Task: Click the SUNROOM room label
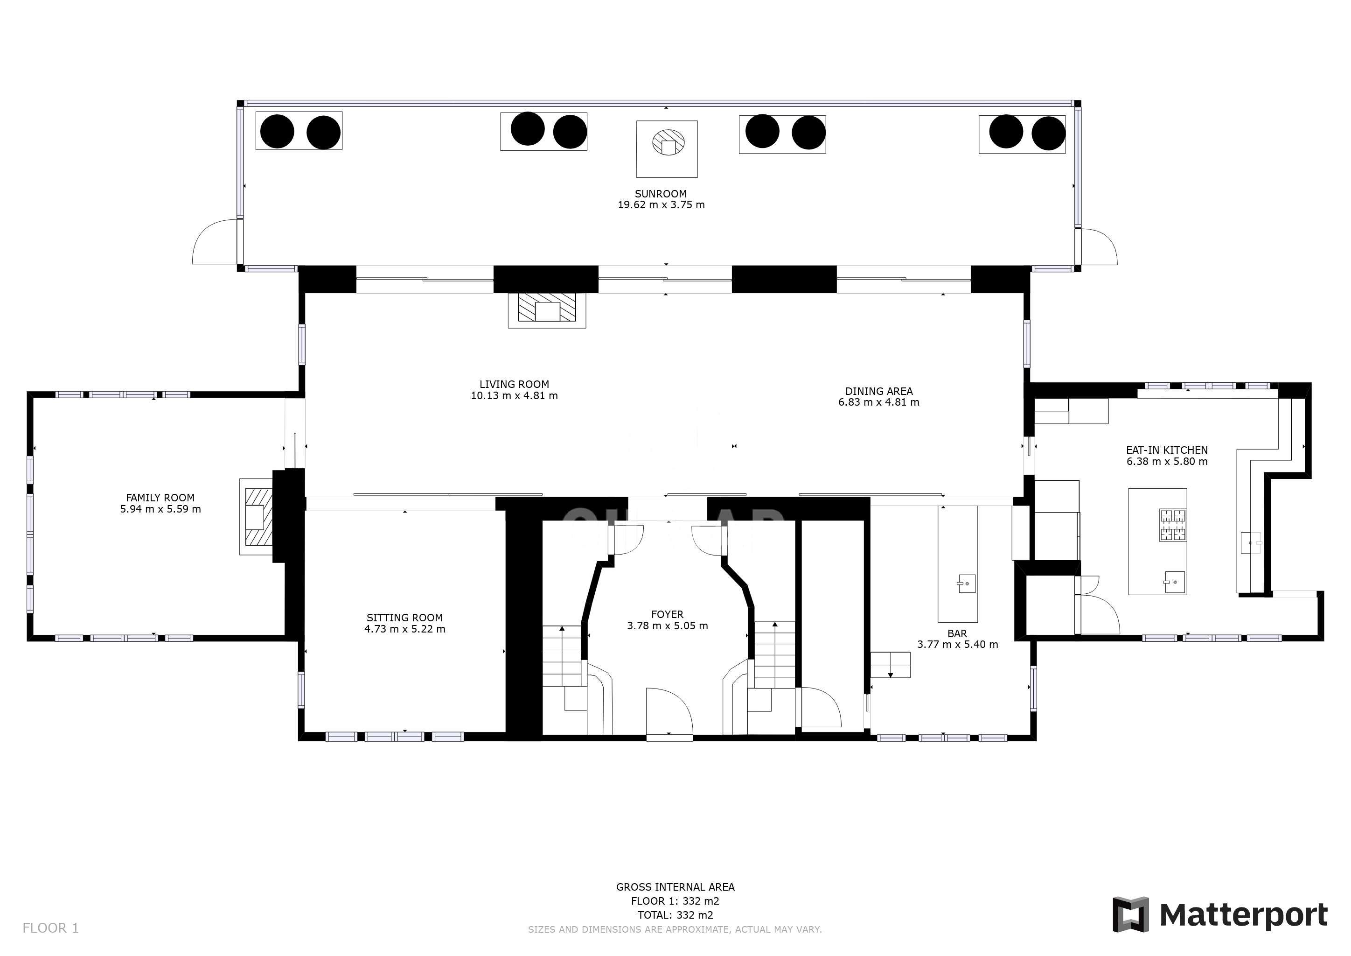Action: click(x=660, y=194)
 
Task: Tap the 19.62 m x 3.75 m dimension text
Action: click(x=661, y=205)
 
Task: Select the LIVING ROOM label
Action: click(x=514, y=384)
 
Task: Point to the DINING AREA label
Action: click(x=878, y=391)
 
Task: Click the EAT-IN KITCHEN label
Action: click(x=1166, y=450)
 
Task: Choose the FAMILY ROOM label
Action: click(x=160, y=498)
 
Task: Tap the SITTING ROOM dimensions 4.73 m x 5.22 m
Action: click(x=404, y=629)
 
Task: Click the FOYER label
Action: click(x=667, y=614)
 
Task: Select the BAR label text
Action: click(x=957, y=633)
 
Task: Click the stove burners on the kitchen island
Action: click(x=1172, y=525)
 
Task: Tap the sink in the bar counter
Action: click(x=966, y=583)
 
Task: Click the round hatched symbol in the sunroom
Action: click(x=669, y=142)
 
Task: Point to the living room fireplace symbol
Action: click(x=547, y=309)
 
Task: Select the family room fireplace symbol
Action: click(x=257, y=517)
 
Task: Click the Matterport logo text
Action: click(x=1243, y=915)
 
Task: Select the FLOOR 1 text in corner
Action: click(x=50, y=928)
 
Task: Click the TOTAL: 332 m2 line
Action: click(x=675, y=915)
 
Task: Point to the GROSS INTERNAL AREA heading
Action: click(x=675, y=886)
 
